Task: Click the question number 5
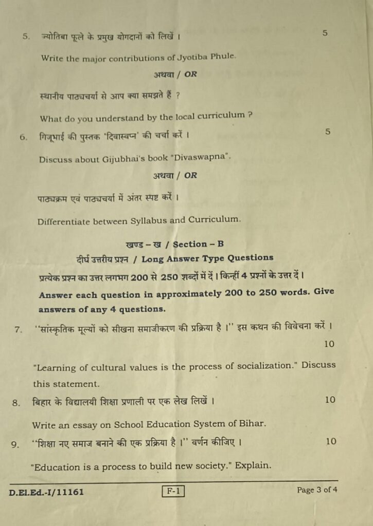point(26,37)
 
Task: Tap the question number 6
point(23,137)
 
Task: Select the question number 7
point(19,329)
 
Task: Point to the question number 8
point(16,402)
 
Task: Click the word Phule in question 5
point(223,56)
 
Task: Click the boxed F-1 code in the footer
point(173,492)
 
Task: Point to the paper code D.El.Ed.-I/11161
point(47,492)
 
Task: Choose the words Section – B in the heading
point(198,245)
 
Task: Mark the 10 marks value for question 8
point(330,400)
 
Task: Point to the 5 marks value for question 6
point(328,132)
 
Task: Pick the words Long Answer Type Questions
point(207,258)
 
